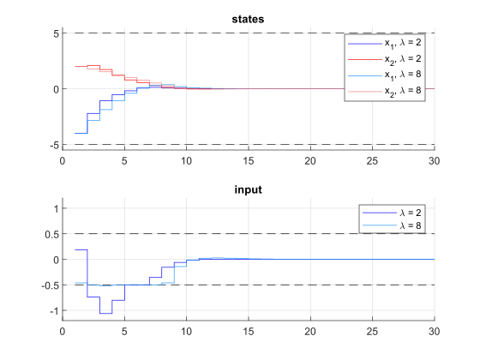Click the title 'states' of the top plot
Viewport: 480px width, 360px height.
click(x=248, y=19)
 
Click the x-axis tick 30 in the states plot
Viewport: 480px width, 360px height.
click(x=434, y=160)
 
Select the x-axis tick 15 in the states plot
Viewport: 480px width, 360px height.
click(x=248, y=160)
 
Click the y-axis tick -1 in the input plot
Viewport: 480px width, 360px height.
click(x=51, y=310)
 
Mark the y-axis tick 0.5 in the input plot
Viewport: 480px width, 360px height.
click(x=50, y=234)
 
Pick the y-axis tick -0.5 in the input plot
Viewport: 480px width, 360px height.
click(x=48, y=285)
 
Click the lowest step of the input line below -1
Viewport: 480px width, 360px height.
click(x=105, y=314)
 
